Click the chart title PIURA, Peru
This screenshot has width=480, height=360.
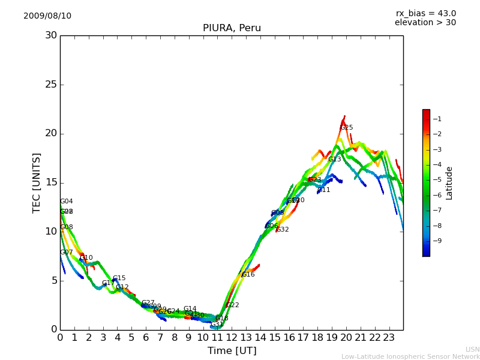point(232,28)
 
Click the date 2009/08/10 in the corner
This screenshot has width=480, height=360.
point(47,16)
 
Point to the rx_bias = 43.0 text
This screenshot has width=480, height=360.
point(425,14)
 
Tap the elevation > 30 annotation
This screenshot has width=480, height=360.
point(425,23)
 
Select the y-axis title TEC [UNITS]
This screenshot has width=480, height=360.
point(37,182)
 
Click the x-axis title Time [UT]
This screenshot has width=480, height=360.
point(232,351)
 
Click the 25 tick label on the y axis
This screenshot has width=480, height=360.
point(51,85)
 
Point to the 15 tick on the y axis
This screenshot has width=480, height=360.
point(51,182)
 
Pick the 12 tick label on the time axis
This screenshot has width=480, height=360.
point(232,337)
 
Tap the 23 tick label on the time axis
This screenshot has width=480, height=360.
point(389,337)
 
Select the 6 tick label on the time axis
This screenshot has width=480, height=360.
point(146,337)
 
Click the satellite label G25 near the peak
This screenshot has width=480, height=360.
point(347,128)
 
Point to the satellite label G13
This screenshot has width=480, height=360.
point(335,160)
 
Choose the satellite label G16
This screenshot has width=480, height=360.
point(248,275)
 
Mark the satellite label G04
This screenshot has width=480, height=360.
point(67,202)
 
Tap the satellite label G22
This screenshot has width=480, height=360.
point(233,305)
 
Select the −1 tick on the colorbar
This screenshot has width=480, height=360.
point(437,119)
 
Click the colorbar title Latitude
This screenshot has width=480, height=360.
point(449,183)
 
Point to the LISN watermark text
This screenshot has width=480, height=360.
point(473,349)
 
